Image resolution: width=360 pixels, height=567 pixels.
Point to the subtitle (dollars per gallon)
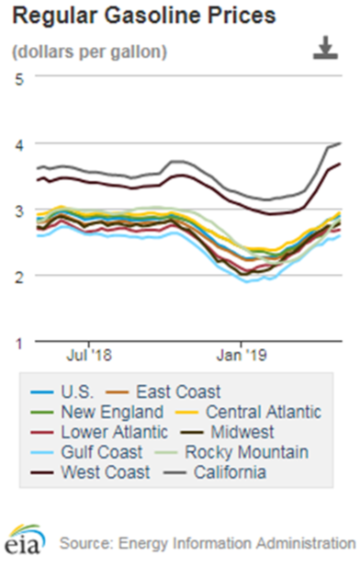pyautogui.click(x=89, y=51)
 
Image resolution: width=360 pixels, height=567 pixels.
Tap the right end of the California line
pyautogui.click(x=342, y=143)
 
